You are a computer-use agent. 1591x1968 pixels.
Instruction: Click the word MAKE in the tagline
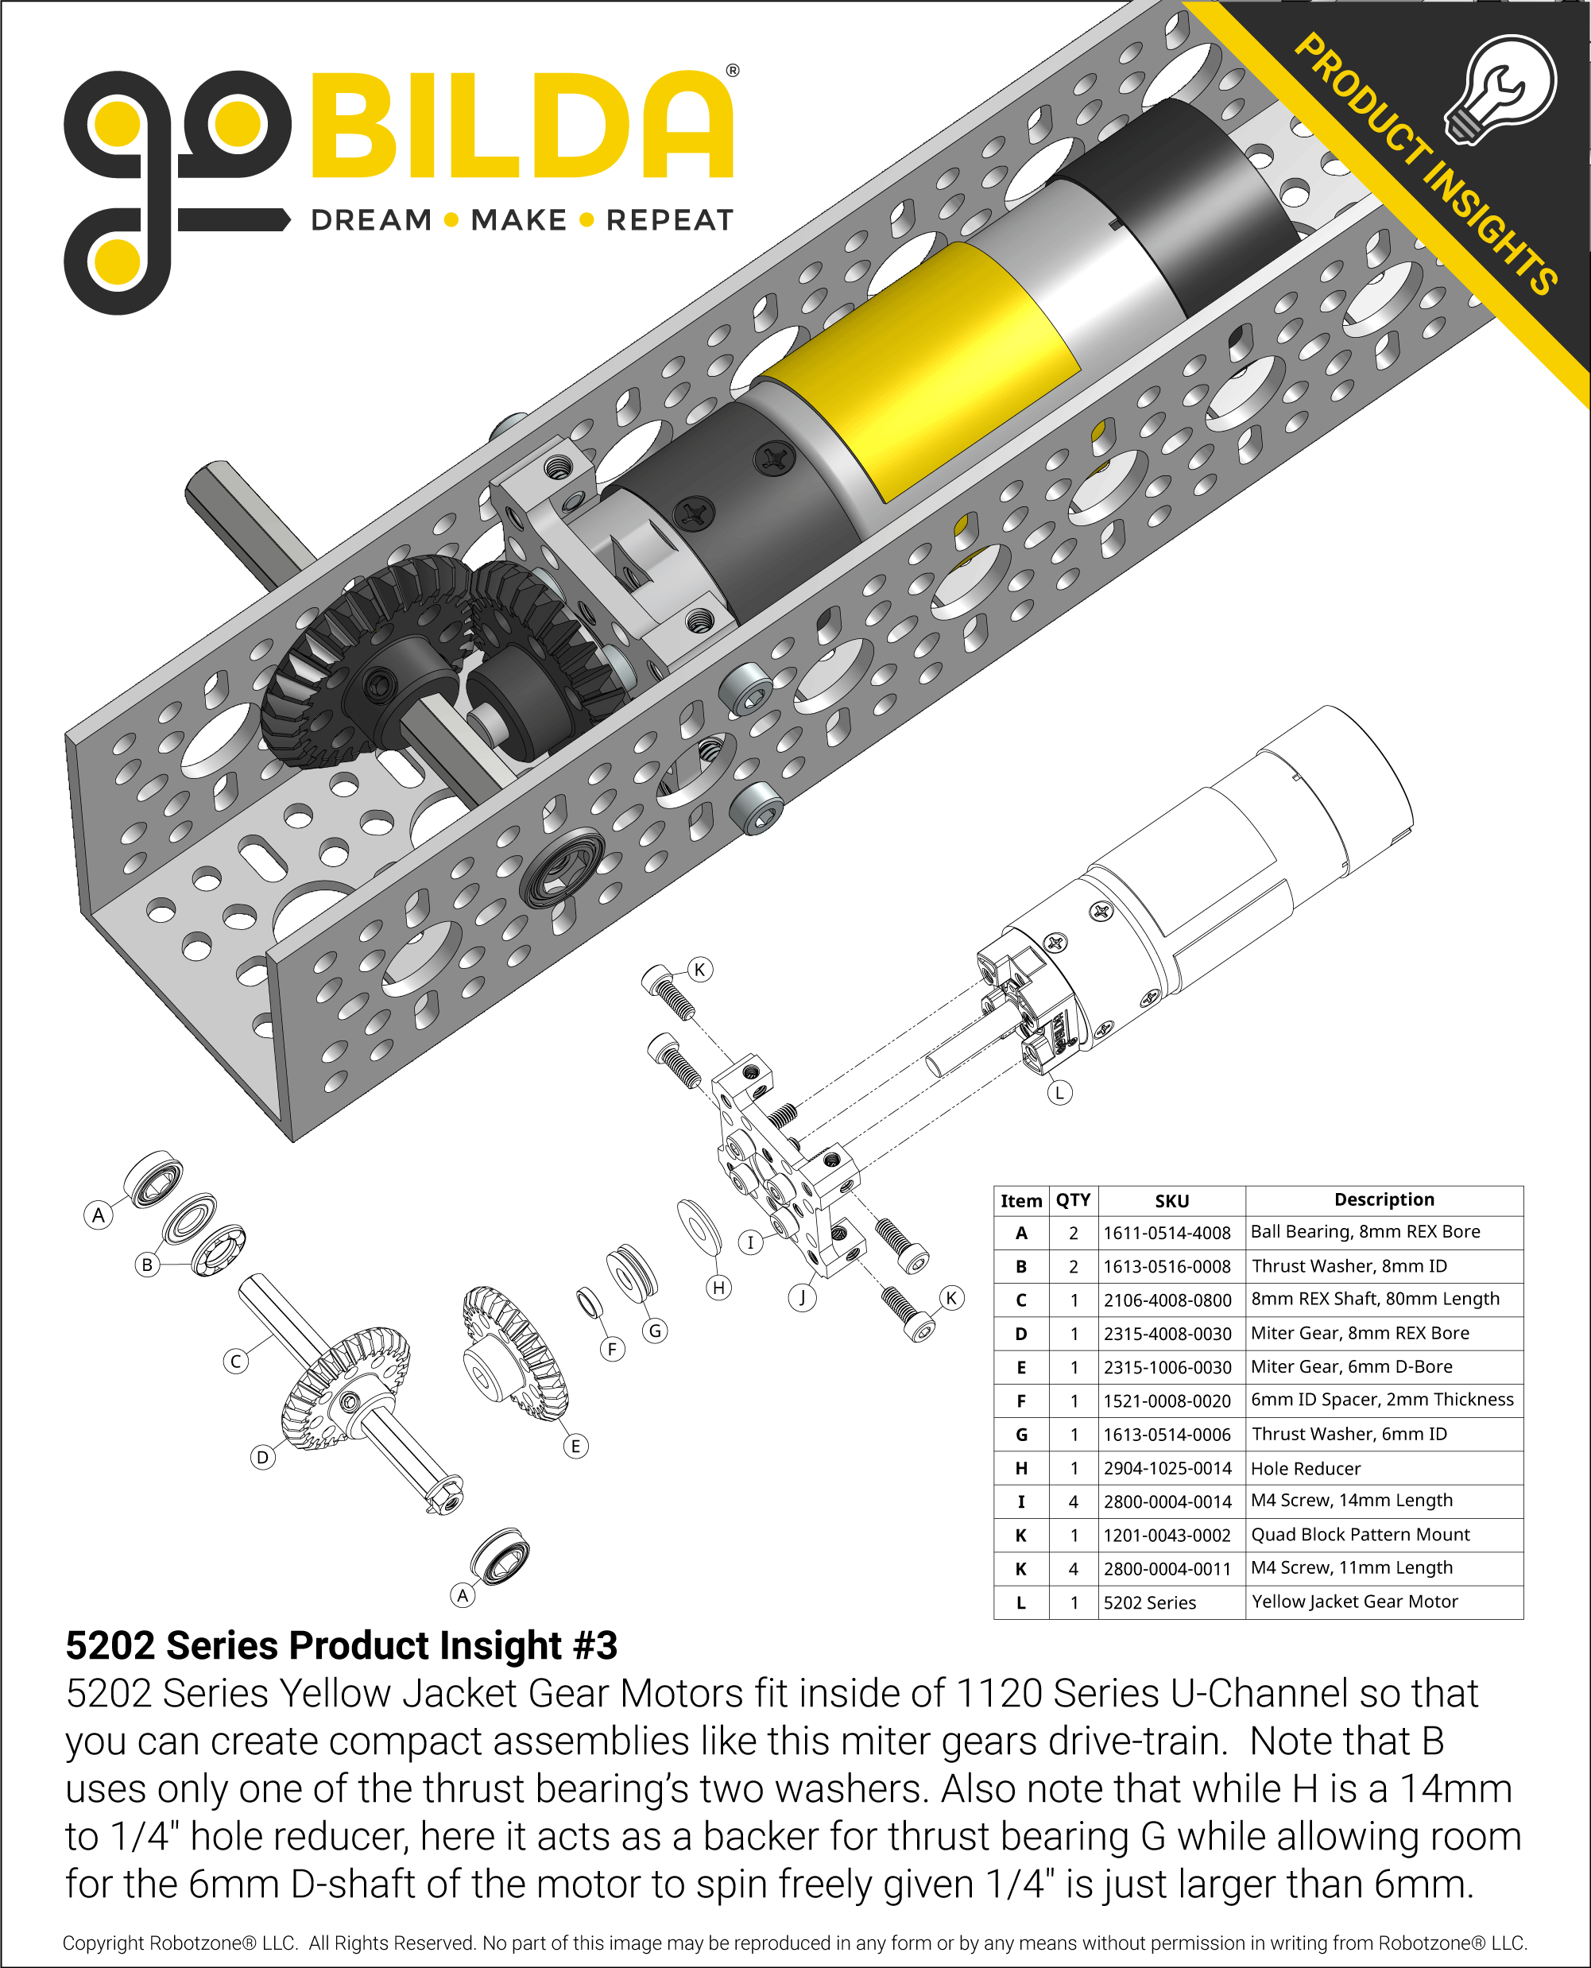(519, 220)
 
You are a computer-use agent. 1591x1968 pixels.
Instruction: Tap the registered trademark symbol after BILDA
(731, 71)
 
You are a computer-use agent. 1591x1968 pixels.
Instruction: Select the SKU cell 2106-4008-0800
(1167, 1300)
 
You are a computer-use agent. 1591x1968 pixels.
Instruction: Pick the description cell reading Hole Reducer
(1305, 1468)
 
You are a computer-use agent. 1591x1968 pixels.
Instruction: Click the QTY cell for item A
(1073, 1233)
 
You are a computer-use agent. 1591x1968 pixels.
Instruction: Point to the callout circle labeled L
(1059, 1093)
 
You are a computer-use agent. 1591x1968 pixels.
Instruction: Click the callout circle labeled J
(802, 1297)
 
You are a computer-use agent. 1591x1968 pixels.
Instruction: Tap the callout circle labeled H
(718, 1288)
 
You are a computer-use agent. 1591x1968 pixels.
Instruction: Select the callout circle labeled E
(575, 1447)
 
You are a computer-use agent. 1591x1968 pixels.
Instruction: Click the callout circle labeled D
(263, 1458)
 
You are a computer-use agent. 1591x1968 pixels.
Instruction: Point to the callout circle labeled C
(235, 1362)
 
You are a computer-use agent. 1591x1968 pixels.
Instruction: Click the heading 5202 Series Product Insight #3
(341, 1645)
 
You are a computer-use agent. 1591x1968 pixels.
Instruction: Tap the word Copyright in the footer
(103, 1943)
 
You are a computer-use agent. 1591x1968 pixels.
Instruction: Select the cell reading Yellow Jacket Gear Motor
(1353, 1602)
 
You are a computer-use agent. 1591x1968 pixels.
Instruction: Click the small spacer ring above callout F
(588, 1302)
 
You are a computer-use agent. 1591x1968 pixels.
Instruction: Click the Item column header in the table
(1021, 1201)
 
